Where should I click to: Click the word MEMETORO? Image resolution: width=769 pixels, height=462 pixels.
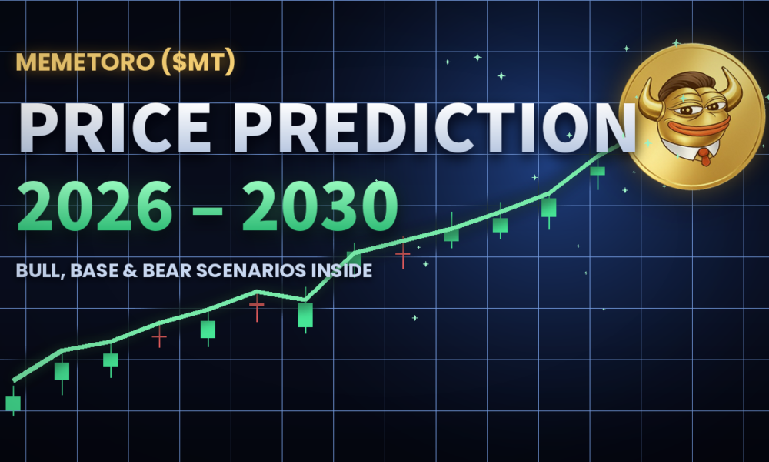click(x=85, y=62)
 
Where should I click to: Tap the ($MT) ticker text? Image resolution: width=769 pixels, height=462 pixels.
click(x=198, y=63)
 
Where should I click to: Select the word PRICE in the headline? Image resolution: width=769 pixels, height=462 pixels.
click(x=115, y=129)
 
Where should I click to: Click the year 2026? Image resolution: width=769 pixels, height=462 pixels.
click(x=95, y=206)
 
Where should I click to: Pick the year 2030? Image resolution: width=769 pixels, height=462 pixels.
click(x=320, y=206)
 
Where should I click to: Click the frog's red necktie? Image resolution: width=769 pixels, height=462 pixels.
click(x=704, y=156)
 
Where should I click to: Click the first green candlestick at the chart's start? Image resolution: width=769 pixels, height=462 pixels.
click(x=13, y=403)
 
